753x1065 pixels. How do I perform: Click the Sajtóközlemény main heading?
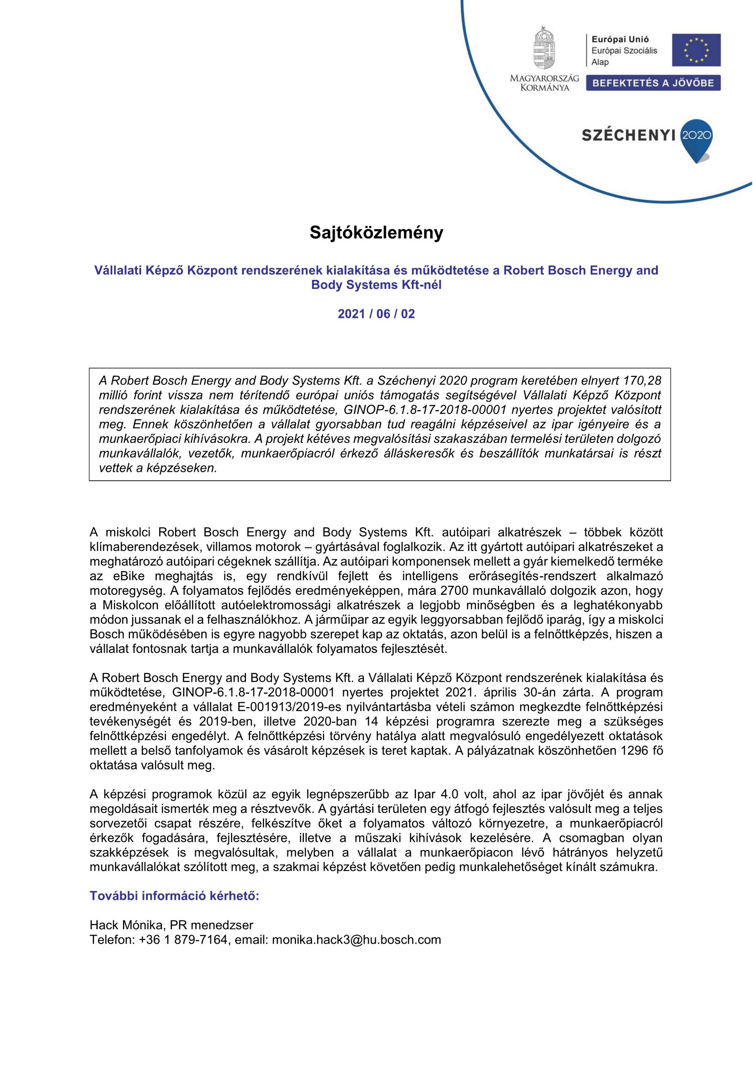[376, 233]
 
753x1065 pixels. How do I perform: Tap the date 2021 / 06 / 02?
[376, 314]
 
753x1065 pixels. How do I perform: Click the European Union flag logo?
[696, 50]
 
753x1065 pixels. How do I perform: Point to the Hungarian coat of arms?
[544, 48]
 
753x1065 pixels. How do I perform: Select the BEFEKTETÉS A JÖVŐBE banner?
[653, 83]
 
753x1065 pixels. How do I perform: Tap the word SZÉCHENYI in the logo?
[628, 135]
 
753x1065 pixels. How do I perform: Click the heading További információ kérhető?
[174, 896]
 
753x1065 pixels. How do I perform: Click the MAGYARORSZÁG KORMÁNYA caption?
[544, 82]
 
